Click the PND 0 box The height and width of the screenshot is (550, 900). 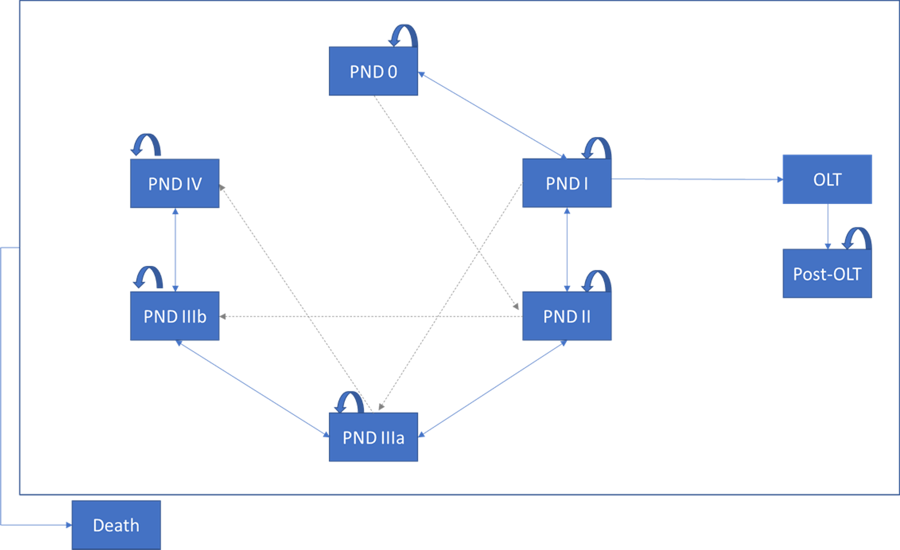tap(373, 71)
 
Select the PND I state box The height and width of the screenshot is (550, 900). tap(566, 183)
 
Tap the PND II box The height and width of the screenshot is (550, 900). tap(566, 316)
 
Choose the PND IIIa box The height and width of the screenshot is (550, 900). tap(373, 437)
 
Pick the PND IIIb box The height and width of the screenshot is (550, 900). tap(175, 316)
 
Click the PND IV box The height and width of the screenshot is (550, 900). tap(175, 183)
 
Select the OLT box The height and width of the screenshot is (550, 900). tap(827, 179)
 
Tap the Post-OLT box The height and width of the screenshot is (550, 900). tap(827, 273)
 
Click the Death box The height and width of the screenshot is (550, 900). tap(116, 525)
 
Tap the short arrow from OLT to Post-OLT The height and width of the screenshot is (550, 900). tap(827, 227)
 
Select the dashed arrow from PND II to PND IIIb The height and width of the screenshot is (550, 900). tap(368, 317)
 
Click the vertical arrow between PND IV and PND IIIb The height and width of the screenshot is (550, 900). tap(175, 250)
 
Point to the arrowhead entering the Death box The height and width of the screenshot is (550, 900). tap(68, 525)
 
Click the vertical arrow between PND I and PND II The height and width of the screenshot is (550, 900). tap(567, 250)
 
